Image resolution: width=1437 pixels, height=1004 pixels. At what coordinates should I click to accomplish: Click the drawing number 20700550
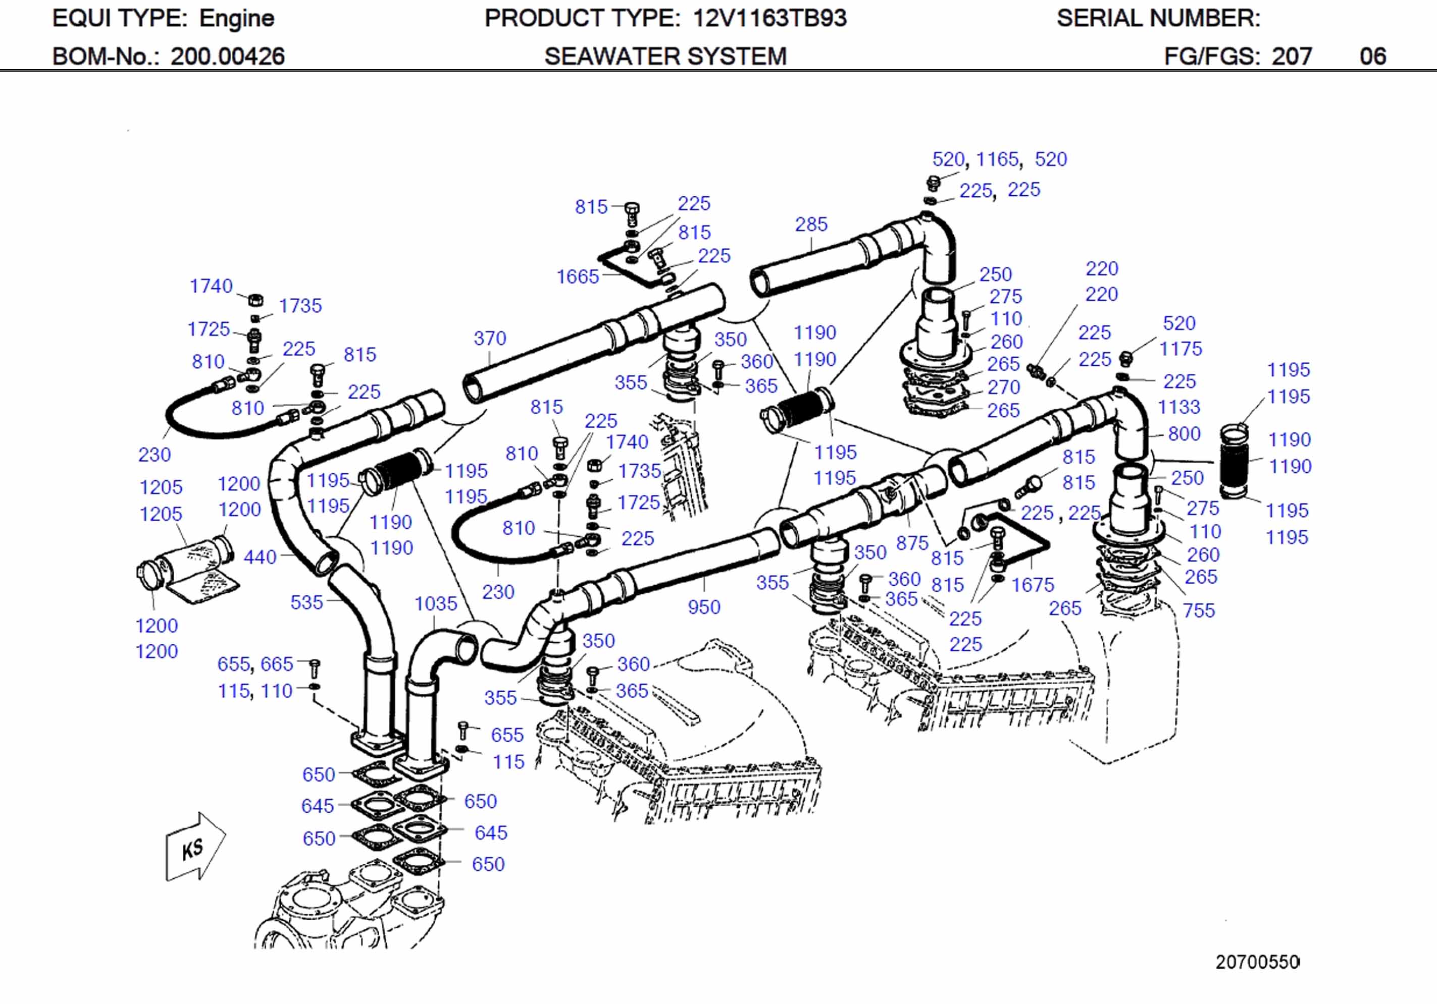(1257, 962)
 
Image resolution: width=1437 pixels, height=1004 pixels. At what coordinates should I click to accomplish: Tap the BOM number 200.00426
(227, 57)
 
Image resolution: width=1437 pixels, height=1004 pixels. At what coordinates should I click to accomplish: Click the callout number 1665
(577, 276)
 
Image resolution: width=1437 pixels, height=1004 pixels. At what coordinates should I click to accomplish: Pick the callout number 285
(810, 224)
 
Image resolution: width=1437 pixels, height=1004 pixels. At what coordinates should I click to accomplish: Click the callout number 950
(703, 607)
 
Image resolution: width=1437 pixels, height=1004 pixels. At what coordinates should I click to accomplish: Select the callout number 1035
(436, 603)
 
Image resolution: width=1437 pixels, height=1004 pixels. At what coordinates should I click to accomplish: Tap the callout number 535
(306, 602)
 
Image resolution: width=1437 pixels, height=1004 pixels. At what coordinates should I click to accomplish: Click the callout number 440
(259, 556)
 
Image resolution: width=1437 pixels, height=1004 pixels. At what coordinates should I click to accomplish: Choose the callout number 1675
(1033, 585)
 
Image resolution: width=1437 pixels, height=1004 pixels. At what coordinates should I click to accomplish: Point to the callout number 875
(911, 543)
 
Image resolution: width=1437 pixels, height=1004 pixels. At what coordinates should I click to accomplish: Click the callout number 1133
(1178, 407)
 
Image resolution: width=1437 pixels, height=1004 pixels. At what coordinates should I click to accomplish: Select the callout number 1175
(1181, 349)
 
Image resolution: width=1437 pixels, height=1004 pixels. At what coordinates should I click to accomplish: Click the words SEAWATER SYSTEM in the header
(665, 57)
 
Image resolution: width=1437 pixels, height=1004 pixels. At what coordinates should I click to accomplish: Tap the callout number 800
(1184, 433)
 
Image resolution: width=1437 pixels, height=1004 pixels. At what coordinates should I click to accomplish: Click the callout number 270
(1003, 387)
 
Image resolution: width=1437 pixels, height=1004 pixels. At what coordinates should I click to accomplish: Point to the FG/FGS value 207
(1291, 57)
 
